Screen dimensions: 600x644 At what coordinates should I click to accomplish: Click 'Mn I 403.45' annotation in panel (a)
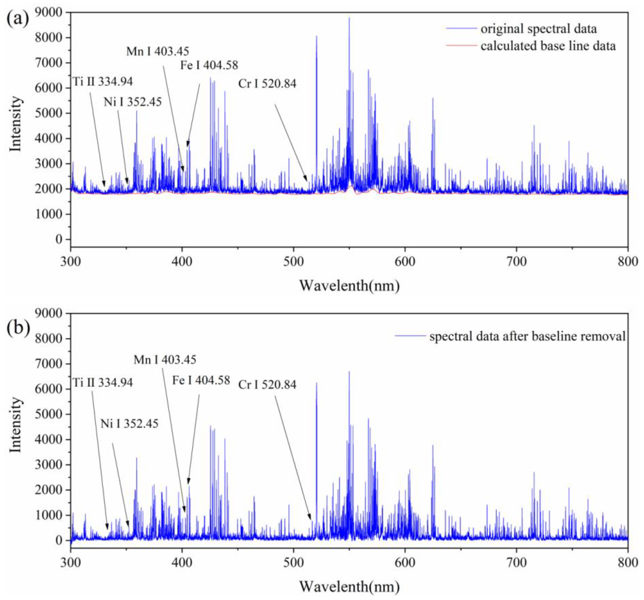(157, 51)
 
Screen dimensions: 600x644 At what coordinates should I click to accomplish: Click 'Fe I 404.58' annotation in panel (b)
(201, 380)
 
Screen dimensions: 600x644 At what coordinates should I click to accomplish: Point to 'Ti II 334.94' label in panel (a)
(102, 82)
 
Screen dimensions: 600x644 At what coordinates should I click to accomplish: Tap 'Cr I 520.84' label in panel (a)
(267, 84)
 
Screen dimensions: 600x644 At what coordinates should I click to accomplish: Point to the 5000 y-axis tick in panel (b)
(49, 414)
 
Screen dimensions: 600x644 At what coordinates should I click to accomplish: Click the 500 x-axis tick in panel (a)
(293, 261)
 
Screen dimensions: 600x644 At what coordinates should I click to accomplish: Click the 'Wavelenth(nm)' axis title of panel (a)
(349, 286)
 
